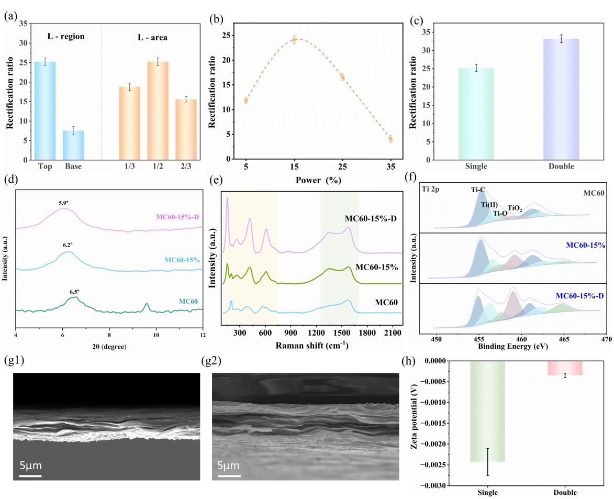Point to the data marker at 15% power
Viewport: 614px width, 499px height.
[294, 40]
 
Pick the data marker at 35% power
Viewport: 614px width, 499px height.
[390, 139]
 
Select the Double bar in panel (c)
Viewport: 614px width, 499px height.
[561, 99]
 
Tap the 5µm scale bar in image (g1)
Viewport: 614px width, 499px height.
[30, 475]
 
